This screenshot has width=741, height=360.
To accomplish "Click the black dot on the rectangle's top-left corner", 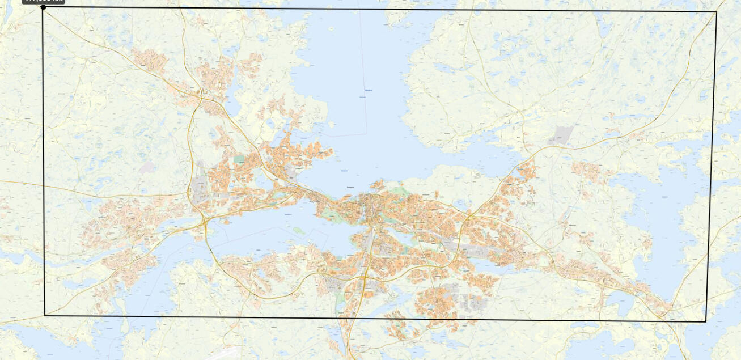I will point(44,7).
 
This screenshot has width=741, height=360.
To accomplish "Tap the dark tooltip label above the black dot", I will point(44,2).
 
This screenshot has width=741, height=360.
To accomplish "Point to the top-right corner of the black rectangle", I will point(717,12).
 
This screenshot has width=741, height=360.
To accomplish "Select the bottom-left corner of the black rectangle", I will point(45,315).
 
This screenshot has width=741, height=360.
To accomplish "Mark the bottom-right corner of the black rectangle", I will point(705,321).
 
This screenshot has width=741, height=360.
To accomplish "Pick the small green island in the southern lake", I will point(298,230).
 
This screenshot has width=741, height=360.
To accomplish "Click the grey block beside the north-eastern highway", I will point(561,135).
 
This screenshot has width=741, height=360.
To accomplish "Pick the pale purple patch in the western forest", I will point(147,168).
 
